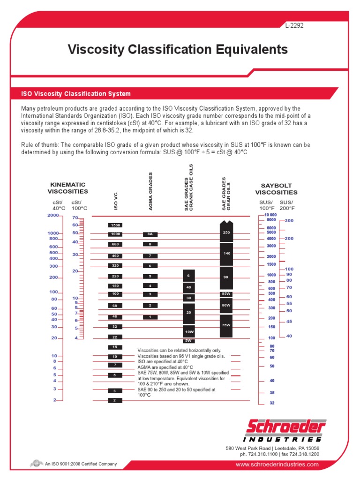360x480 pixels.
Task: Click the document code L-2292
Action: coord(294,26)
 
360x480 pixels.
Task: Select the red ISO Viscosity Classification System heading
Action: coord(76,94)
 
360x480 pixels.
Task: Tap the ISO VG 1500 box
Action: coord(115,225)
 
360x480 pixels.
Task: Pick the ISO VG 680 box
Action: coord(115,244)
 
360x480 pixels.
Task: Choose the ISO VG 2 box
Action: coord(115,400)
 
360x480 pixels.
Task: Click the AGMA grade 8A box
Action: coord(150,234)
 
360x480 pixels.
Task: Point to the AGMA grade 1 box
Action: coord(150,317)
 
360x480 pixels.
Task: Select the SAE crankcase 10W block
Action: coord(188,331)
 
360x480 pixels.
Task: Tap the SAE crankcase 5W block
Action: coord(188,341)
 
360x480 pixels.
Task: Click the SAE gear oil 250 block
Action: coord(226,232)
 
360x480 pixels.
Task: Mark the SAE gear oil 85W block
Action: coord(226,294)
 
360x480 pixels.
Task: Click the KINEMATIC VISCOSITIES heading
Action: coord(68,188)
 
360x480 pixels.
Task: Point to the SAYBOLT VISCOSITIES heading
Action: coord(276,189)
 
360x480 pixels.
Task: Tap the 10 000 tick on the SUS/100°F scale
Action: coord(270,215)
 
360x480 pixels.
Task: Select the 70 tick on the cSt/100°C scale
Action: coord(75,218)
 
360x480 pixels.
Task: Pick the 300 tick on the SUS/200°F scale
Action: coord(289,220)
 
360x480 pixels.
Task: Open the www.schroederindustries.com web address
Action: coord(277,465)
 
